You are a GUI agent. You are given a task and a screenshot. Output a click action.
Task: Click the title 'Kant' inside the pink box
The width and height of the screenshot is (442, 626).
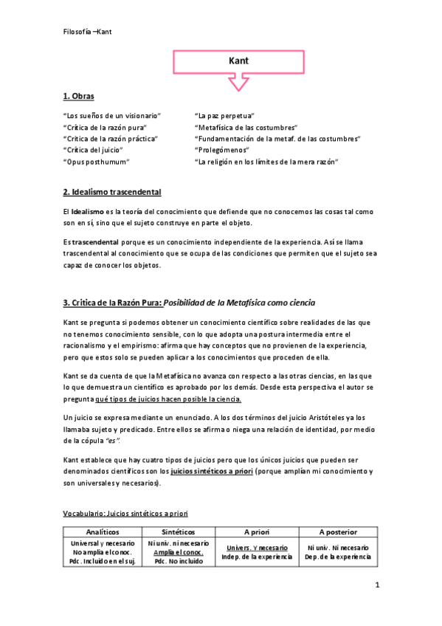(238, 63)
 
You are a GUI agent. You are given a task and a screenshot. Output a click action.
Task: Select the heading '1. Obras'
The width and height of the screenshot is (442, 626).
(78, 97)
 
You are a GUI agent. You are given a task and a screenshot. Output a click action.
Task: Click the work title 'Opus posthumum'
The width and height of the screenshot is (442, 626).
(97, 161)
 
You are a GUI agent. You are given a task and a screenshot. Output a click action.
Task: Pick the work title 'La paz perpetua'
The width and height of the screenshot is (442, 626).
(224, 117)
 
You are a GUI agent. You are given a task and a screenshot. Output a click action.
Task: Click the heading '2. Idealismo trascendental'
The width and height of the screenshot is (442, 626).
(112, 193)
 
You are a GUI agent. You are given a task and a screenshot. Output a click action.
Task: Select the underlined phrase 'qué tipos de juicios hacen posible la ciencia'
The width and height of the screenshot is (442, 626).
(168, 399)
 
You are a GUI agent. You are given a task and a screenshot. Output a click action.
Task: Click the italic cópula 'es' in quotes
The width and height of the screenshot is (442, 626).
(112, 441)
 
